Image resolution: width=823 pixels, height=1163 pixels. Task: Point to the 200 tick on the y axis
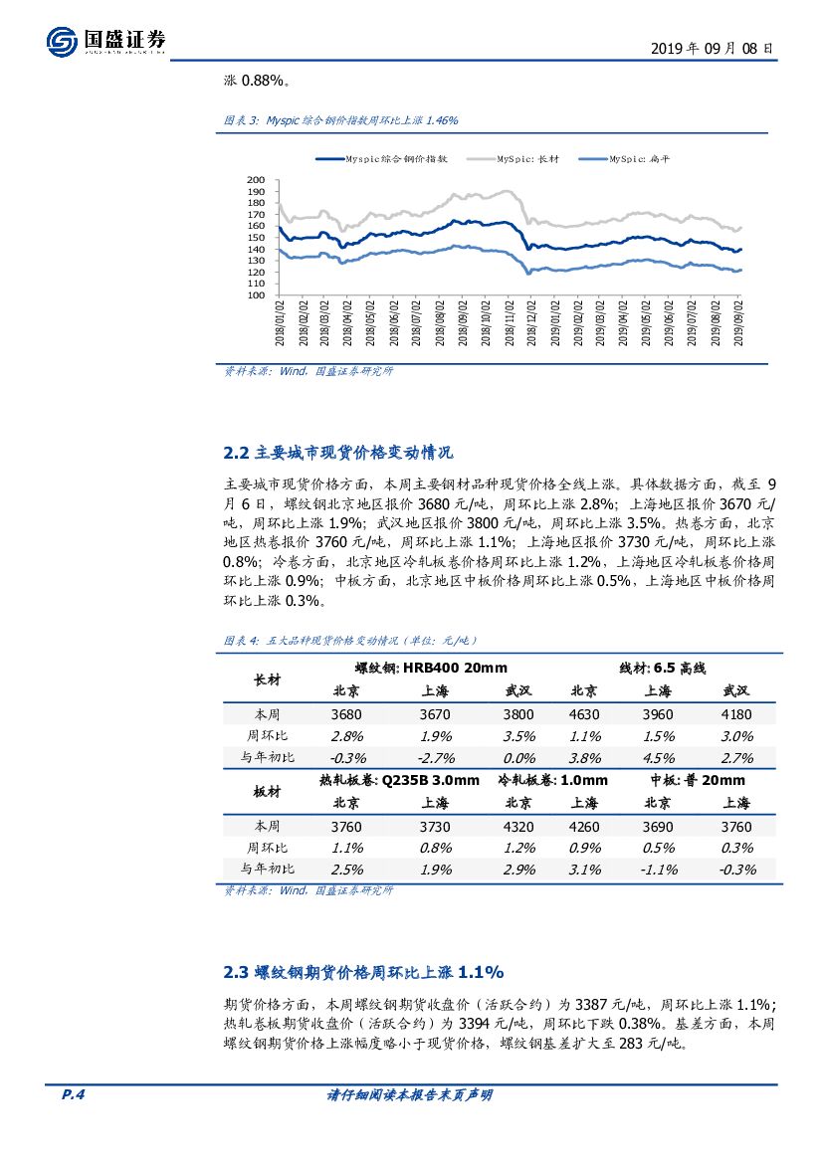tap(255, 180)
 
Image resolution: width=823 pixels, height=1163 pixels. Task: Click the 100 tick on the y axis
tap(255, 295)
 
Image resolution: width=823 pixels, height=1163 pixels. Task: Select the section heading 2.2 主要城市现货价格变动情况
tap(338, 453)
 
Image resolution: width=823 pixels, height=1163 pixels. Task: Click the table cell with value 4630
tap(583, 714)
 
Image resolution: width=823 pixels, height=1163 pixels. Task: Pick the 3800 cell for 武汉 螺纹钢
tap(517, 714)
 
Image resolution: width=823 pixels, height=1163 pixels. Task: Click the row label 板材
tap(268, 791)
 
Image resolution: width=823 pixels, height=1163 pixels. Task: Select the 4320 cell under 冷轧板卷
tap(517, 826)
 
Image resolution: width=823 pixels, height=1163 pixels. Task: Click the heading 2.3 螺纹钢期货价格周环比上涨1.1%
tap(364, 971)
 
